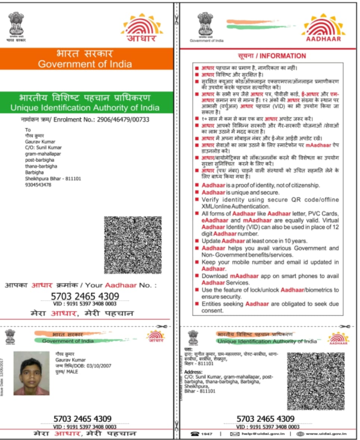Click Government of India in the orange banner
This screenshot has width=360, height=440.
85,64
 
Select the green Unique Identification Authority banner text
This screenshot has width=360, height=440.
85,107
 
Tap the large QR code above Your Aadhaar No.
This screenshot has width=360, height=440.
133,245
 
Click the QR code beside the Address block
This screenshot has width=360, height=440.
316,381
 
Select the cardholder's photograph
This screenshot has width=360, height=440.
31,373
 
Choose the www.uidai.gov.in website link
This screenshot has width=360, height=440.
326,434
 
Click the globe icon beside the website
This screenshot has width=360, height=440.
300,434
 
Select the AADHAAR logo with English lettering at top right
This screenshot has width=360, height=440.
323,28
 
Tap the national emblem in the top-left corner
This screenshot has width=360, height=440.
16,24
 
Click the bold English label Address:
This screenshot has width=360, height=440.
193,372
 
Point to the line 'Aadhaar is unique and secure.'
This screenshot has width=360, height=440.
240,193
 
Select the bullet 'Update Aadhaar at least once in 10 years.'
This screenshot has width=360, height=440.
254,241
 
